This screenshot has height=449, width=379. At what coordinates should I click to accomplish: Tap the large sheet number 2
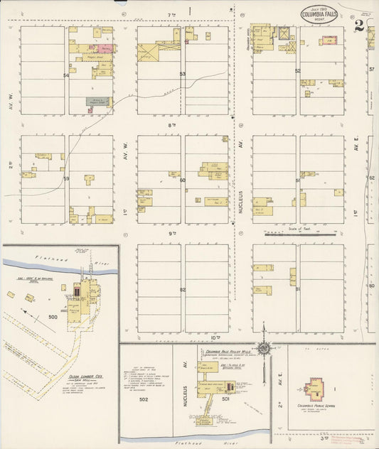click(x=360, y=26)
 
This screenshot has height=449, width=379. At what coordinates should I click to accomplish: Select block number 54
click(x=67, y=74)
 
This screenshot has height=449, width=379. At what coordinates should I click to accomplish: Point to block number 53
click(x=183, y=74)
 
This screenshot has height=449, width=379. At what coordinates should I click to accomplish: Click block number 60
click(x=183, y=180)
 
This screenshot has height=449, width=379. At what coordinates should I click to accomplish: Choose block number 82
click(x=183, y=290)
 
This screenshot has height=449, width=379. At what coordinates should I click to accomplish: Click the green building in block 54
click(x=98, y=102)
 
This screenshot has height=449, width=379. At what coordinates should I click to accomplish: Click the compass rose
click(x=265, y=347)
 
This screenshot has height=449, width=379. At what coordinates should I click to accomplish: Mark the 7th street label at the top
click(x=171, y=14)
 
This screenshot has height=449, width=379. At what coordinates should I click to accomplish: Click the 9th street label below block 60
click(x=171, y=233)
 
